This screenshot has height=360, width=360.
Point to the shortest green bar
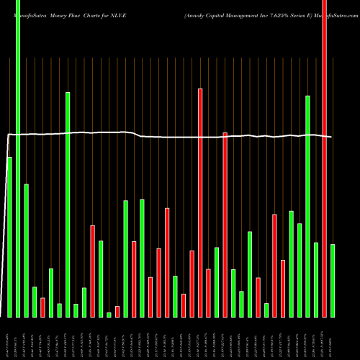109,315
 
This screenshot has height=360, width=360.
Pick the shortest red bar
117,312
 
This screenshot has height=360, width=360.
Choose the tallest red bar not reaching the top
200,202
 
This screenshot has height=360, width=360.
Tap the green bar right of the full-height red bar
333,281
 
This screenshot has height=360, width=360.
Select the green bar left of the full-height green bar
9,237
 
